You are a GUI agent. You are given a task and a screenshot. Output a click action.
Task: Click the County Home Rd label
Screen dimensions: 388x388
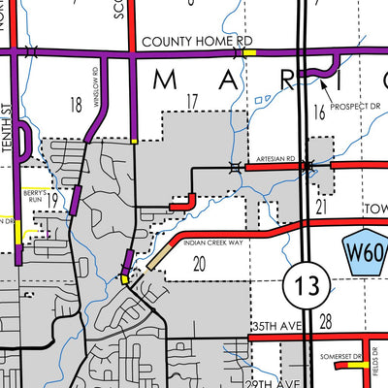[x=196, y=42]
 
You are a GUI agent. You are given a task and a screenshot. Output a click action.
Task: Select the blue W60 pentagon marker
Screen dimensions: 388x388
[x=367, y=255]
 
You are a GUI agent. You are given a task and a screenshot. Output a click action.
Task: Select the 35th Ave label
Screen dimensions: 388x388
[x=275, y=327]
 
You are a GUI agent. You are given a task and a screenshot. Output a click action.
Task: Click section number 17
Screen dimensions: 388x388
[x=191, y=100]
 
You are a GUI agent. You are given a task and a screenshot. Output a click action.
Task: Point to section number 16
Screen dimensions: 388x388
[x=319, y=114]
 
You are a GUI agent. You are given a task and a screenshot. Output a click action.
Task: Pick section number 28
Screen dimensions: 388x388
[x=326, y=320]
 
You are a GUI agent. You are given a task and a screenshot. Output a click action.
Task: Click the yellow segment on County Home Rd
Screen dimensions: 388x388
[x=249, y=53]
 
